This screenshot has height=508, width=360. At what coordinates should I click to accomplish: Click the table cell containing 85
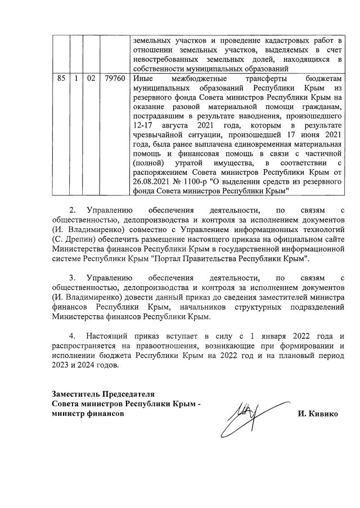click(61, 79)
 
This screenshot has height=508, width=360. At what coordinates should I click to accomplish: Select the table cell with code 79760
click(115, 79)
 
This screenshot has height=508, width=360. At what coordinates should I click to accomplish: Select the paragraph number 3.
click(71, 278)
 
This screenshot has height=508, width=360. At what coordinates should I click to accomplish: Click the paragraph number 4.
click(71, 336)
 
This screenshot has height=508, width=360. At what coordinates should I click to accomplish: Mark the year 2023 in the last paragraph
click(60, 365)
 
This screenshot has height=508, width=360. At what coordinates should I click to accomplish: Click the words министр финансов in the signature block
click(88, 414)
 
